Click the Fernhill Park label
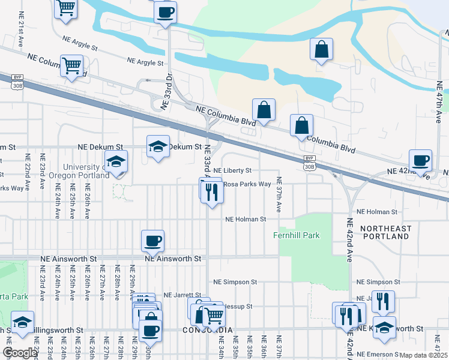click(297, 236)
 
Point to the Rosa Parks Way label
click(247, 184)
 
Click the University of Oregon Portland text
click(83, 171)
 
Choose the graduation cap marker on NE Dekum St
click(158, 146)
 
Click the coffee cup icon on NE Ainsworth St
click(152, 241)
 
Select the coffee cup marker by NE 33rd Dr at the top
click(165, 11)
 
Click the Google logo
click(20, 353)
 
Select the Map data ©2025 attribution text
click(424, 355)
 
